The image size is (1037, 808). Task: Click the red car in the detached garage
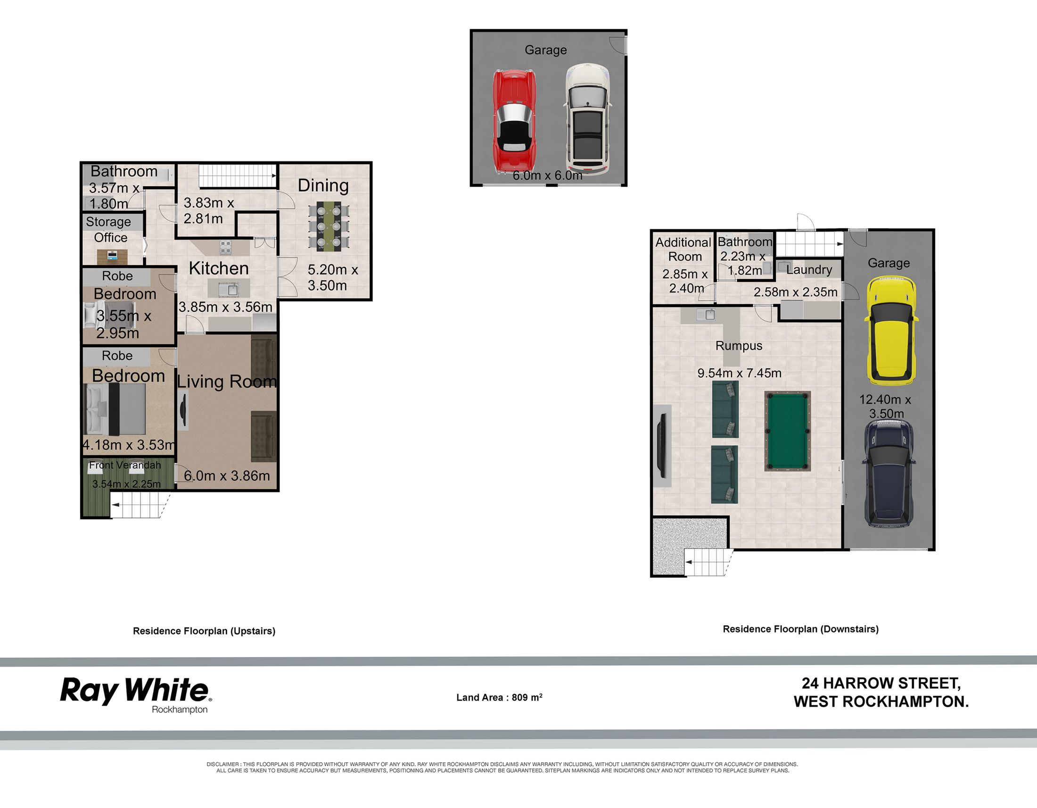514,121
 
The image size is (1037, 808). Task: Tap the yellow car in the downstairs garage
891,331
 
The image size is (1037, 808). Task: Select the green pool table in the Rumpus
787,431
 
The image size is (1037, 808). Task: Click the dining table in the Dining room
329,226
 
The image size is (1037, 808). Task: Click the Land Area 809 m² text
499,697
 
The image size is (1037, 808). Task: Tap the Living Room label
226,382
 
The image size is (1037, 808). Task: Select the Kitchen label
219,268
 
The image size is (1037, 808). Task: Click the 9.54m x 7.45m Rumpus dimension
739,373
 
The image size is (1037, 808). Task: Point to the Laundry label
809,270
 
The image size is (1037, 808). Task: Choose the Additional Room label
684,250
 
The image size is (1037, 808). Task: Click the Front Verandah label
125,465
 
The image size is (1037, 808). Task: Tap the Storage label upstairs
108,222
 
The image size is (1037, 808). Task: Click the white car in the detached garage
587,119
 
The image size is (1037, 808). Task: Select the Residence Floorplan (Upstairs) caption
204,631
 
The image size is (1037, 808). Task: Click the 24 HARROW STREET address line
881,683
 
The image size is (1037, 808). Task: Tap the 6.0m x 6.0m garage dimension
547,175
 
